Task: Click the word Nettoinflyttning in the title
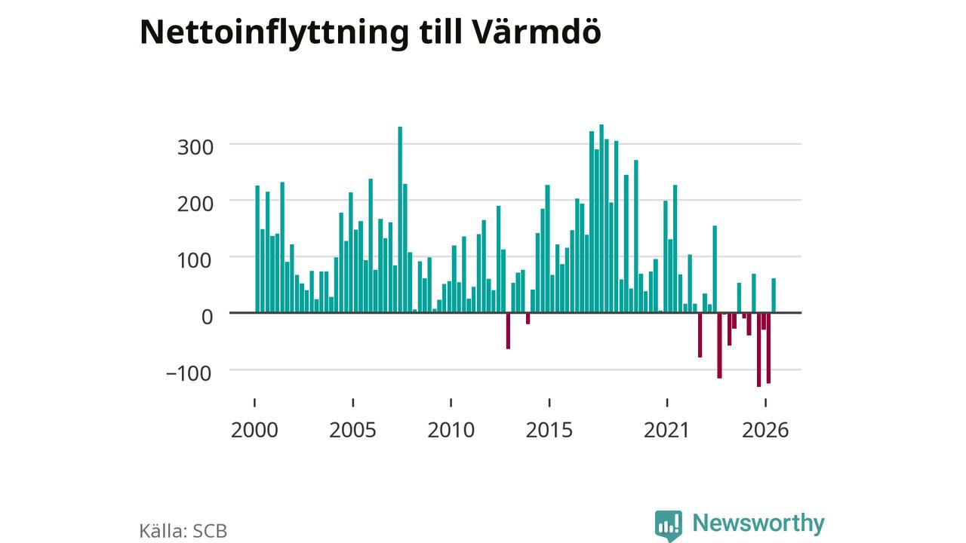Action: pos(274,33)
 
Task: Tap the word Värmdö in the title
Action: pos(535,32)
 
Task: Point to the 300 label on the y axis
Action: pos(195,147)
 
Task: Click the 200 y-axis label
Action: pos(195,204)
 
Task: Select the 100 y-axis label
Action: pos(195,260)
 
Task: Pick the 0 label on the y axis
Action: pos(207,318)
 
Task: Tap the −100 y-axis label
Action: pos(189,373)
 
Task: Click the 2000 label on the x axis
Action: pos(254,430)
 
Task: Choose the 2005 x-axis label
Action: pos(352,430)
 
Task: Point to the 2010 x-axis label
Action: pos(451,430)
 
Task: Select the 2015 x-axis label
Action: pos(549,430)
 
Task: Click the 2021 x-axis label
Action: pos(667,430)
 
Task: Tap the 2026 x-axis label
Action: pos(765,430)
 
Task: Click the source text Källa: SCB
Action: pos(183,531)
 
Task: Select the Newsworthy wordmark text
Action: pos(758,523)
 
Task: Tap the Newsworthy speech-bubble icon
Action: pos(669,526)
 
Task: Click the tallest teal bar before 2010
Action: pos(400,219)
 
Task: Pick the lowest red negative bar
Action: pos(759,349)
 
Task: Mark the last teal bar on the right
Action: pos(774,296)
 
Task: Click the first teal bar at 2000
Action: pos(257,249)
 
